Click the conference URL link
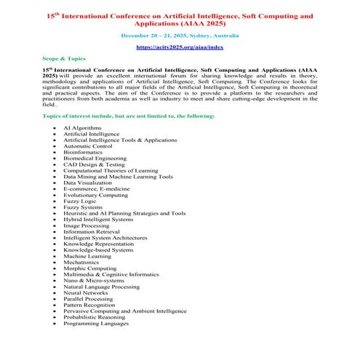tap(180, 47)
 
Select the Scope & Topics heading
tap(63, 57)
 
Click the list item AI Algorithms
tap(82, 127)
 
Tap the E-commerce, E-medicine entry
tap(96, 188)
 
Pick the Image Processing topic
tap(87, 225)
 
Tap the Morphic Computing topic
tap(90, 268)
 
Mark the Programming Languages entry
tap(97, 323)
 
